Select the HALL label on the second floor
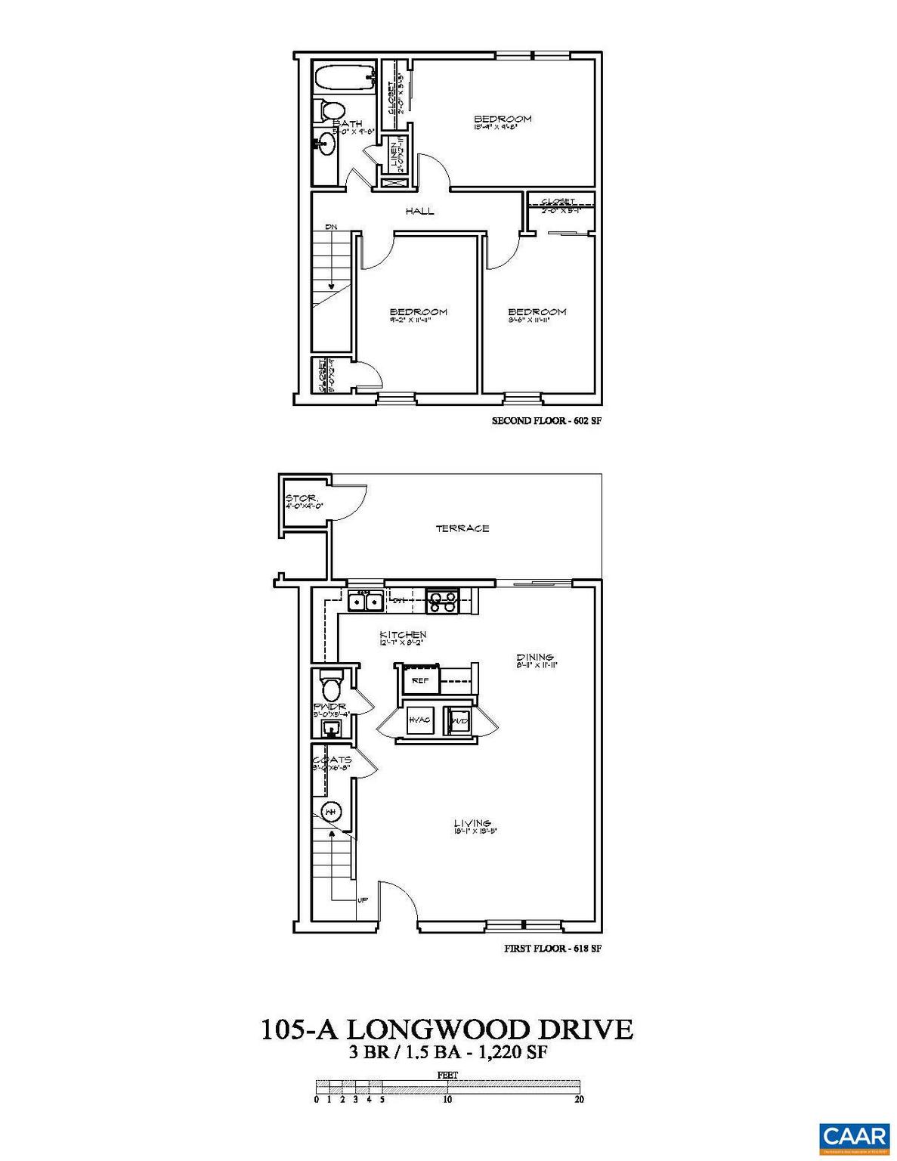[x=419, y=211]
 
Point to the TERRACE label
[x=462, y=528]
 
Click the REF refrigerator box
[x=419, y=680]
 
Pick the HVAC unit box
[x=419, y=720]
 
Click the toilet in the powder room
[x=330, y=684]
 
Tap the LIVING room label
[x=472, y=823]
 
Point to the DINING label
[x=535, y=657]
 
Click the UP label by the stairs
[x=361, y=900]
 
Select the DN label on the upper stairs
[x=331, y=227]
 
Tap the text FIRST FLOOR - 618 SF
[x=552, y=949]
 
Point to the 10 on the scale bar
[x=447, y=1099]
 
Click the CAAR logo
[x=854, y=1136]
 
